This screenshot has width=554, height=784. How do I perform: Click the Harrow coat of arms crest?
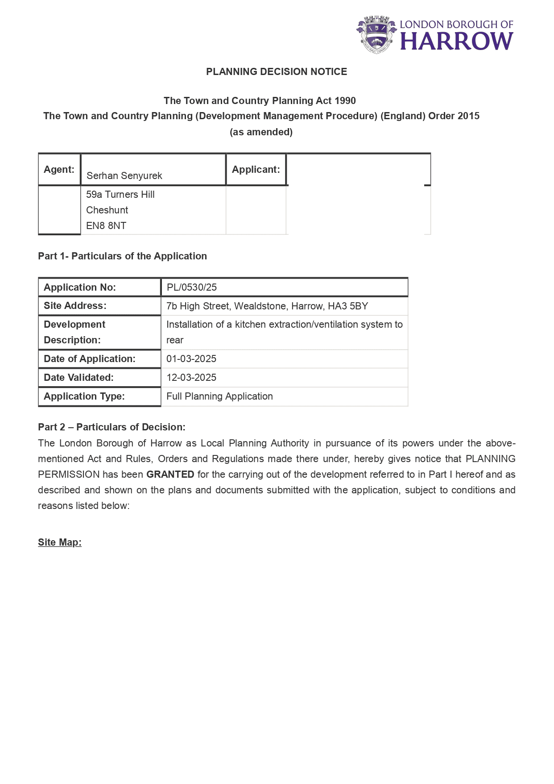pos(376,34)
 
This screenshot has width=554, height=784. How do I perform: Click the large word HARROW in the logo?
pos(456,42)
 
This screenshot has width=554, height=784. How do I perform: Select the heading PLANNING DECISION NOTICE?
pos(277,72)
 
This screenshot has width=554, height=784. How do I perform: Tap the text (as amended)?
pos(261,132)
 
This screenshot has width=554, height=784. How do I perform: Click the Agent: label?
pos(59,170)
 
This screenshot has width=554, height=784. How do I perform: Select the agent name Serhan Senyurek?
pos(124,176)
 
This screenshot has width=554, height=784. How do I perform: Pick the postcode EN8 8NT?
pos(106,226)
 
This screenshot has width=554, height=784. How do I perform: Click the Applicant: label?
pos(256,170)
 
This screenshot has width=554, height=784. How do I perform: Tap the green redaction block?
pos(356,199)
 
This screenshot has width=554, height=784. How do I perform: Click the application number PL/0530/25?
pos(192,288)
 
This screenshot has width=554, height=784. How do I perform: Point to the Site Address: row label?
pos(75,306)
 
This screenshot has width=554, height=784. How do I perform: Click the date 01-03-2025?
pos(191,359)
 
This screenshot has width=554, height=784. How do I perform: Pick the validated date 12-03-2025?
pos(191,378)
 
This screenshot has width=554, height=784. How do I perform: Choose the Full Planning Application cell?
pos(219,396)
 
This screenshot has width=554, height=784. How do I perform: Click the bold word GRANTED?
pos(170,475)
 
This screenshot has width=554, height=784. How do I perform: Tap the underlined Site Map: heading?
pos(60,542)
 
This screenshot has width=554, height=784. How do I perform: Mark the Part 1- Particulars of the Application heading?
pos(122,256)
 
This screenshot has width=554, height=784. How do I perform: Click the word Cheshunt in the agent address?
pos(107,210)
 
